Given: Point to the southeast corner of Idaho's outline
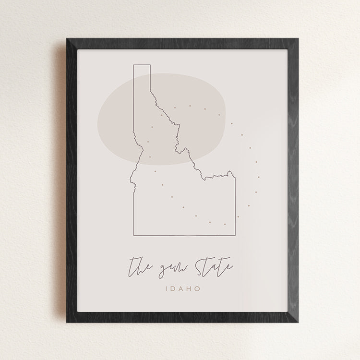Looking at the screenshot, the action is click(235, 236).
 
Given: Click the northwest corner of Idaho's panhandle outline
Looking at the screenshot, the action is click(133, 64).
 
